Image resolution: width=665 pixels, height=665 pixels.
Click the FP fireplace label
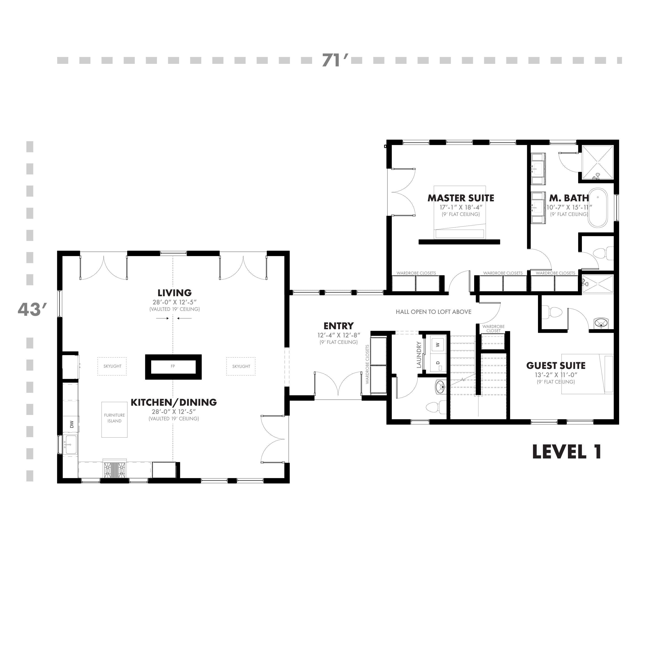(x=173, y=366)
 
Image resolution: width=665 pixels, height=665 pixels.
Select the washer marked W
(x=438, y=344)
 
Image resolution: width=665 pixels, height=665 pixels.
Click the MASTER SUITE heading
(x=461, y=198)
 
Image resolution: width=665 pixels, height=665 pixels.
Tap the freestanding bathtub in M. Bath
(x=598, y=207)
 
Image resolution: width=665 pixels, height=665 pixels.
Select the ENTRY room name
(x=338, y=326)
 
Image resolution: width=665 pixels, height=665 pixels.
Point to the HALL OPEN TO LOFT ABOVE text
(x=433, y=312)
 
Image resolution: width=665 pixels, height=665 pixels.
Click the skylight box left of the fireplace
(x=112, y=366)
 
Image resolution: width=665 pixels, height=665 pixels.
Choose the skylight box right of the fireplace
(x=241, y=366)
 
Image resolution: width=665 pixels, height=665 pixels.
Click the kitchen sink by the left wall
(x=70, y=444)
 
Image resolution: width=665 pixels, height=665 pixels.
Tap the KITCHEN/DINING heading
(x=174, y=402)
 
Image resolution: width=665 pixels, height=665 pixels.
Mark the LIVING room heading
(x=174, y=293)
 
